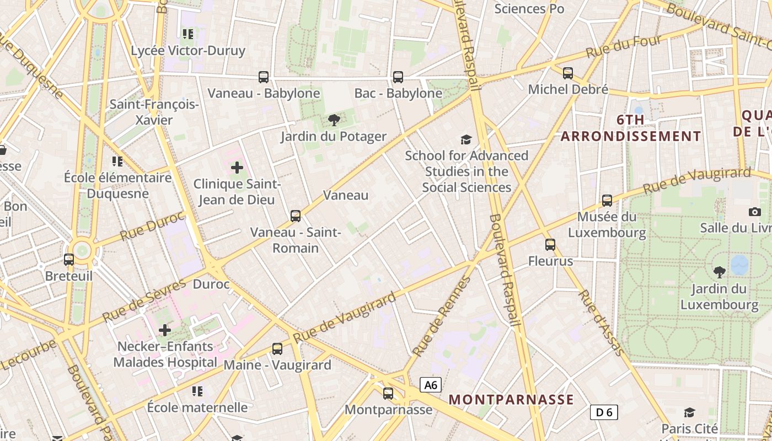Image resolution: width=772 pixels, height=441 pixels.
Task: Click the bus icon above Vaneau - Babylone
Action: point(264,77)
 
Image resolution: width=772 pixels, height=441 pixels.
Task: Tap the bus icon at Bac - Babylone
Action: point(398,77)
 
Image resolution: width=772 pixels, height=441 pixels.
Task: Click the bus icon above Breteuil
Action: point(69,259)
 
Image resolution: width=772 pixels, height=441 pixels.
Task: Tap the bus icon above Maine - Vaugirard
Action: point(277,349)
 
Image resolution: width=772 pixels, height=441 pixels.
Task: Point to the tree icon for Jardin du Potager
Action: point(334,120)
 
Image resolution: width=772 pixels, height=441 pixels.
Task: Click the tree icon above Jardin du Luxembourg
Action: point(719,272)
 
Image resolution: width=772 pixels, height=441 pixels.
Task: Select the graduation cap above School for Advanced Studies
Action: point(467,139)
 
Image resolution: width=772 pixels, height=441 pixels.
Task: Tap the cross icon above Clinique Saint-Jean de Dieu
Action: point(237,167)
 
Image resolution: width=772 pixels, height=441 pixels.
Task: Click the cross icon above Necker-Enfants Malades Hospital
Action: point(165,330)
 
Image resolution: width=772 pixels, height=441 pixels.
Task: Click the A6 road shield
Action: point(431,385)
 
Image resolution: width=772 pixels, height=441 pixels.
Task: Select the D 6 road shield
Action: point(604,412)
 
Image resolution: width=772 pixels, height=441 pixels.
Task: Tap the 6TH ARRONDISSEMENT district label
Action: point(631,128)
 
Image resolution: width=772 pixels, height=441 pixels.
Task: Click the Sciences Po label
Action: point(529,9)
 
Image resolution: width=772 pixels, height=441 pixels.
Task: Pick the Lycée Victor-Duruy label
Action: point(188,51)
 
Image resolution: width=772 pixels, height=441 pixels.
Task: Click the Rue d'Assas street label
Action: point(601,322)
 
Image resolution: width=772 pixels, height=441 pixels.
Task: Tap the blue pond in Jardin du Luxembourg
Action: point(739,265)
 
